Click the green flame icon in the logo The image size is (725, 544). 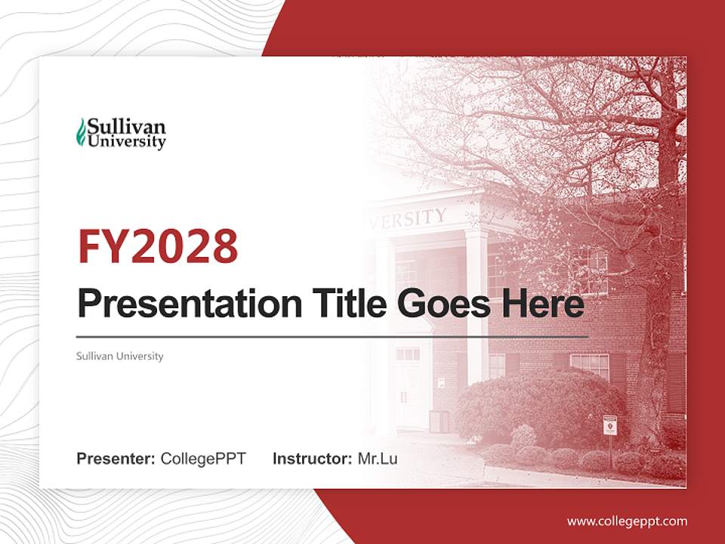click(81, 133)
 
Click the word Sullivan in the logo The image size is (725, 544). click(126, 125)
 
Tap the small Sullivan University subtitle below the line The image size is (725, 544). click(119, 356)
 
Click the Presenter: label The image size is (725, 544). click(116, 459)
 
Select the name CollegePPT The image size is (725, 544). click(203, 459)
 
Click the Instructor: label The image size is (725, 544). click(312, 459)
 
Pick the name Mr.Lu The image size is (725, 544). click(378, 459)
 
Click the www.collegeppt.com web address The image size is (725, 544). click(627, 521)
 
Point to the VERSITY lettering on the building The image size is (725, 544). click(408, 219)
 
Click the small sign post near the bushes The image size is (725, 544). click(609, 428)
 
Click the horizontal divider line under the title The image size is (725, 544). click(332, 337)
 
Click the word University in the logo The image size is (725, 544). click(126, 141)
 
